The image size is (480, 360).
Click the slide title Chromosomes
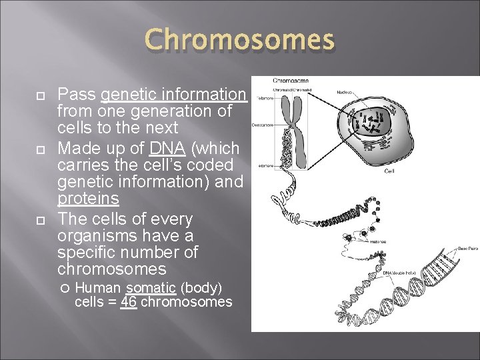240,40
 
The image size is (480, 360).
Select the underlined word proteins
88,199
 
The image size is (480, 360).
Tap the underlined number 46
128,302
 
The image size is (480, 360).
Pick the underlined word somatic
151,287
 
